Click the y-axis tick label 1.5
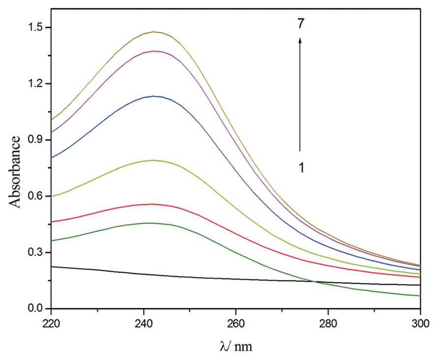(x=34, y=28)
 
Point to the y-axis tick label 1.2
(x=34, y=84)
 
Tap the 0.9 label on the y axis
(x=34, y=140)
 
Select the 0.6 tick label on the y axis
(x=34, y=196)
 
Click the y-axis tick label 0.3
(x=34, y=253)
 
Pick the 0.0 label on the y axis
(x=34, y=309)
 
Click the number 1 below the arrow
(x=301, y=168)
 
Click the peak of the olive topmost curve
(x=155, y=32)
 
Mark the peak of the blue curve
(x=155, y=96)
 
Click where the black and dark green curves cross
(x=313, y=281)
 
